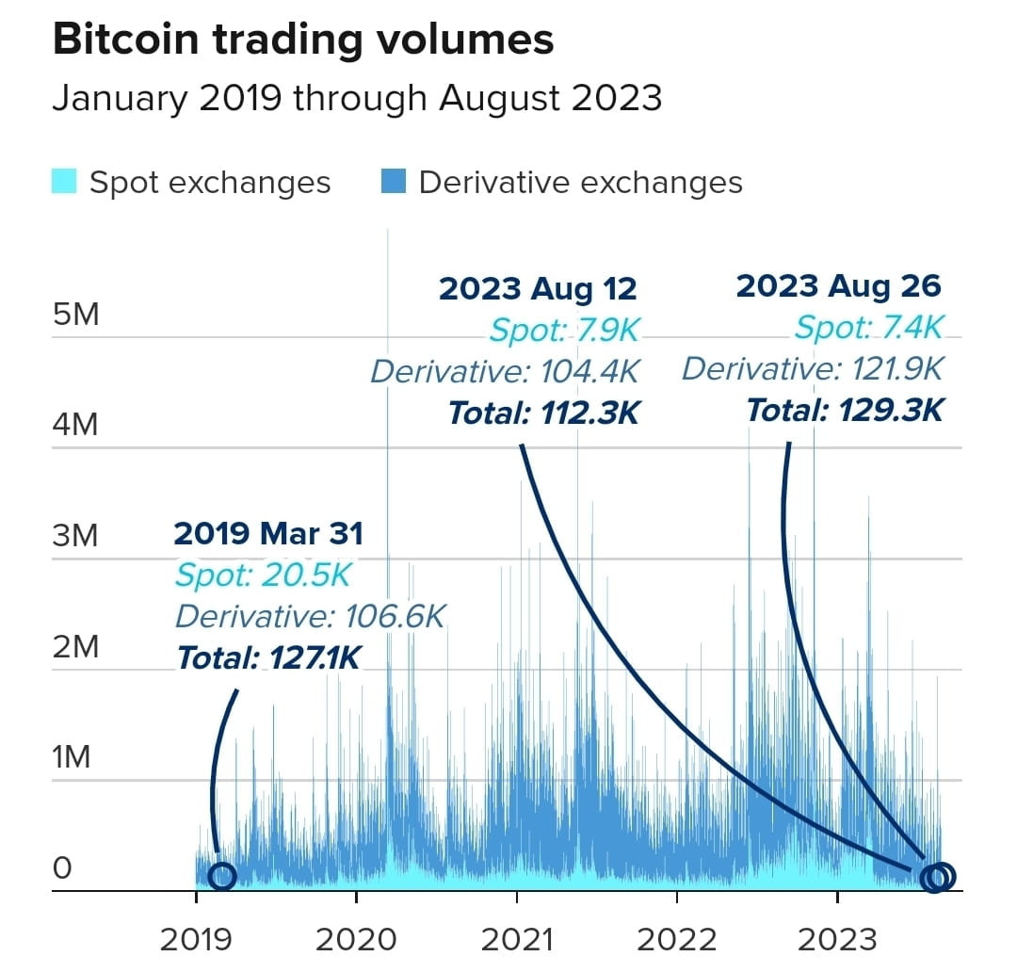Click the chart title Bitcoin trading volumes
pyautogui.click(x=302, y=40)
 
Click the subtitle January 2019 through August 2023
pyautogui.click(x=357, y=98)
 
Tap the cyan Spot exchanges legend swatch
pyautogui.click(x=64, y=181)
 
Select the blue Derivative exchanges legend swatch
pyautogui.click(x=395, y=181)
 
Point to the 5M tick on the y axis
pyautogui.click(x=75, y=314)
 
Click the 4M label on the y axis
pyautogui.click(x=75, y=425)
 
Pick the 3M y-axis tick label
pyautogui.click(x=75, y=536)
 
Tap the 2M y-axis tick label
pyautogui.click(x=75, y=647)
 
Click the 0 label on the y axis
pyautogui.click(x=62, y=867)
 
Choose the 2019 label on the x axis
pyautogui.click(x=196, y=938)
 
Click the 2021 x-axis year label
pyautogui.click(x=517, y=938)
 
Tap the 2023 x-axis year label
pyautogui.click(x=837, y=938)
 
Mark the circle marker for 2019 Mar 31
pyautogui.click(x=221, y=876)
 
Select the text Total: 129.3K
pyautogui.click(x=844, y=410)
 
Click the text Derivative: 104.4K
pyautogui.click(x=505, y=371)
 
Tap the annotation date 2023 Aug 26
pyautogui.click(x=838, y=285)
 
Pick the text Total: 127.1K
pyautogui.click(x=268, y=657)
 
